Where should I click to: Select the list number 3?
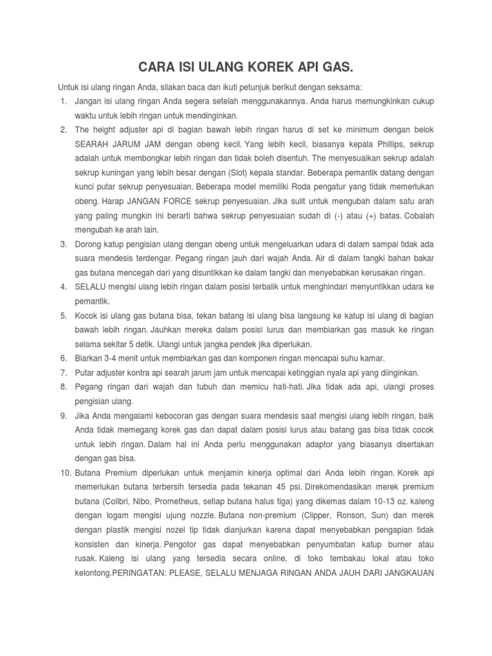click(64, 245)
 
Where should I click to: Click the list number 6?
click(64, 357)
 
